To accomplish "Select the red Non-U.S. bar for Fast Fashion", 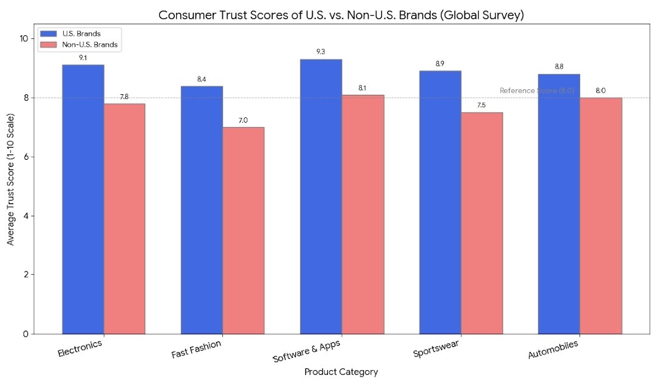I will tap(243, 230).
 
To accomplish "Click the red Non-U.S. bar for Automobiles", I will tap(601, 216).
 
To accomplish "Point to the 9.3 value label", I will tap(321, 52).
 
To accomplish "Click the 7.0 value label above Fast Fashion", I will tap(243, 120).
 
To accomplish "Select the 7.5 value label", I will tap(482, 106).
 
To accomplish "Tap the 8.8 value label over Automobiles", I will tap(559, 67).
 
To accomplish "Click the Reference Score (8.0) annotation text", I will tap(536, 91).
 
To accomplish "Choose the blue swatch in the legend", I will tap(49, 33).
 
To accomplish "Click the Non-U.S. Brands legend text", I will tap(89, 45).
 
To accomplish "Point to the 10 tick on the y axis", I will tap(24, 38).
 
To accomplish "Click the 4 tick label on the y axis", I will tap(26, 216).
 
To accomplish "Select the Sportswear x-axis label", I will tap(436, 350).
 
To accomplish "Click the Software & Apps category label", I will tap(307, 351).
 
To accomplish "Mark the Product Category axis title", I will tap(341, 372).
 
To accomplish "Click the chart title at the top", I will tap(341, 15).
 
